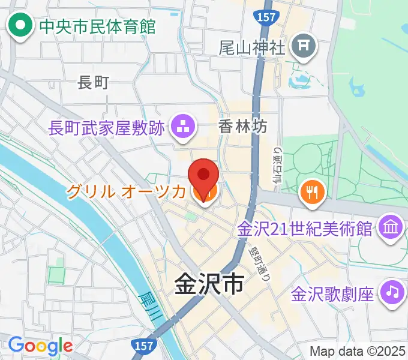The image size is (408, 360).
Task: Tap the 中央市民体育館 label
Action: (x=97, y=26)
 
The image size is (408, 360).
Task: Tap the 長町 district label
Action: (x=93, y=82)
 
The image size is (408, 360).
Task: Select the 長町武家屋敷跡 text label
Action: (x=107, y=127)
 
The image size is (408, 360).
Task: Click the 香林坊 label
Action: (x=242, y=127)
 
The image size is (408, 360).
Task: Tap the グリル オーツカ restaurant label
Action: (x=126, y=192)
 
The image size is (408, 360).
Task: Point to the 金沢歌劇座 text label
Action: (x=334, y=294)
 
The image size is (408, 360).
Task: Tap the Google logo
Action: (x=40, y=346)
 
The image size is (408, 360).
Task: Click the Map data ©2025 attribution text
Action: (x=356, y=350)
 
